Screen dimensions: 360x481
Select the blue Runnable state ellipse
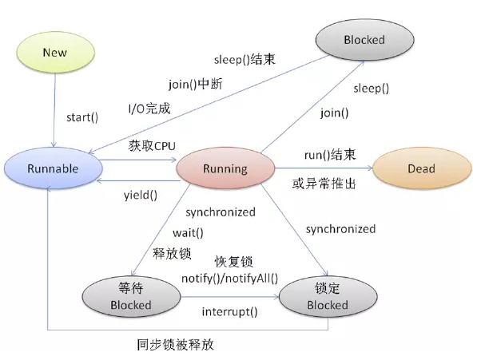(53, 169)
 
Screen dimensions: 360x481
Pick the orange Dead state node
(420, 168)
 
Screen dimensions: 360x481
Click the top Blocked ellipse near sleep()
(364, 39)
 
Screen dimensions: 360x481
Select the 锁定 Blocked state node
(328, 296)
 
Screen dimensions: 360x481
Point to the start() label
(81, 118)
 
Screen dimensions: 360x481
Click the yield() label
(140, 194)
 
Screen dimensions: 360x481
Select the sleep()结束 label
(245, 59)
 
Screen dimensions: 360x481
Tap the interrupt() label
(231, 312)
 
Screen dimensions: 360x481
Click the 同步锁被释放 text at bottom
(175, 345)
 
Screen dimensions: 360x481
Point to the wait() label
(189, 233)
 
